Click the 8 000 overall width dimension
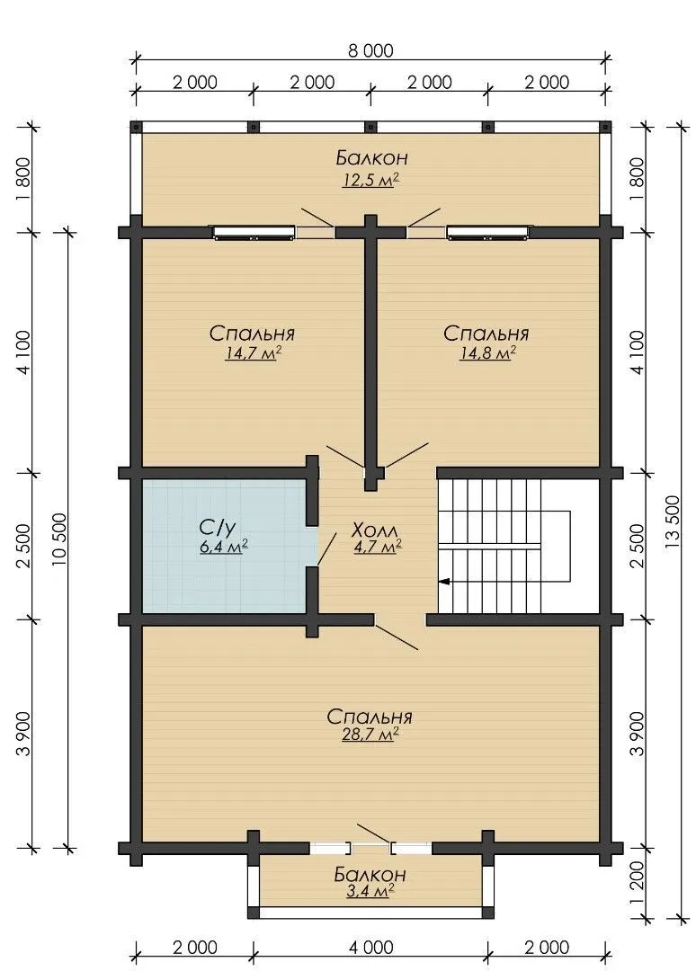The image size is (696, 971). pos(370,50)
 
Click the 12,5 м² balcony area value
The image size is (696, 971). pos(370,180)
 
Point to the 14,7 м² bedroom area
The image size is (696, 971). pos(251,353)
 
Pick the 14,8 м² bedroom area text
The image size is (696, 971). pos(487,353)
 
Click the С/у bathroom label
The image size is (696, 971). pos(218,529)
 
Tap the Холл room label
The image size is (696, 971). pos(375,530)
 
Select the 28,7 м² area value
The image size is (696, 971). pos(369,735)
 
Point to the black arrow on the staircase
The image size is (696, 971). pos(444,582)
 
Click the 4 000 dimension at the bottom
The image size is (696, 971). pos(370,948)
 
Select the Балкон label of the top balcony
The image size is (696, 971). pos(371,158)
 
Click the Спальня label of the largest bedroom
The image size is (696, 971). pos(369,717)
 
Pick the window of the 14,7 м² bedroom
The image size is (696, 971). pos(254,232)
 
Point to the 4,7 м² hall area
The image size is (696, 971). pos(378,548)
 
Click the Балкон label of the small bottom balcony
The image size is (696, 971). pos(370,874)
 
